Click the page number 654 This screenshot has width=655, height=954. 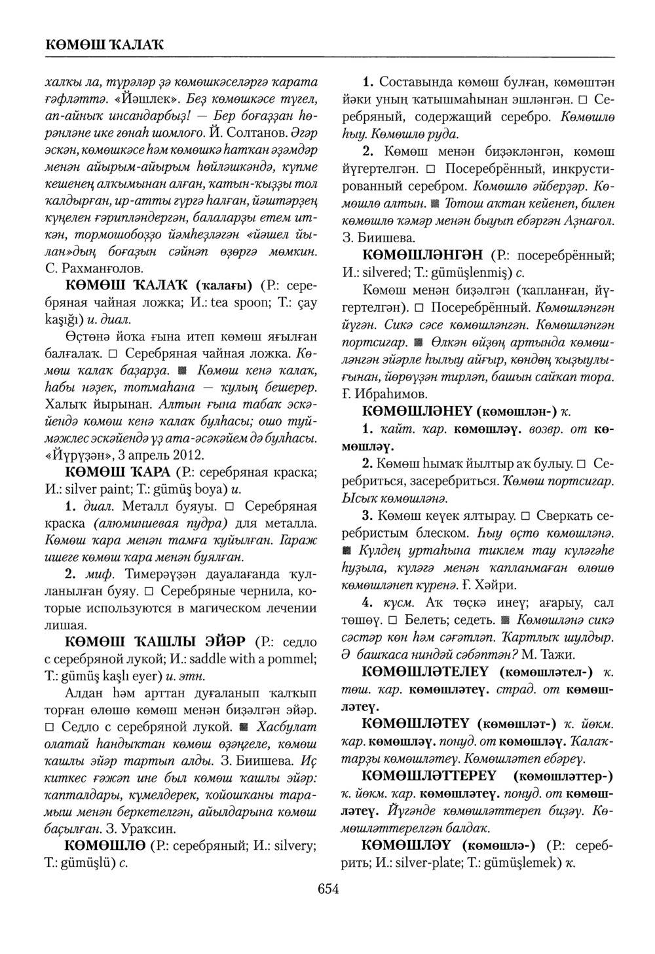[x=328, y=889]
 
